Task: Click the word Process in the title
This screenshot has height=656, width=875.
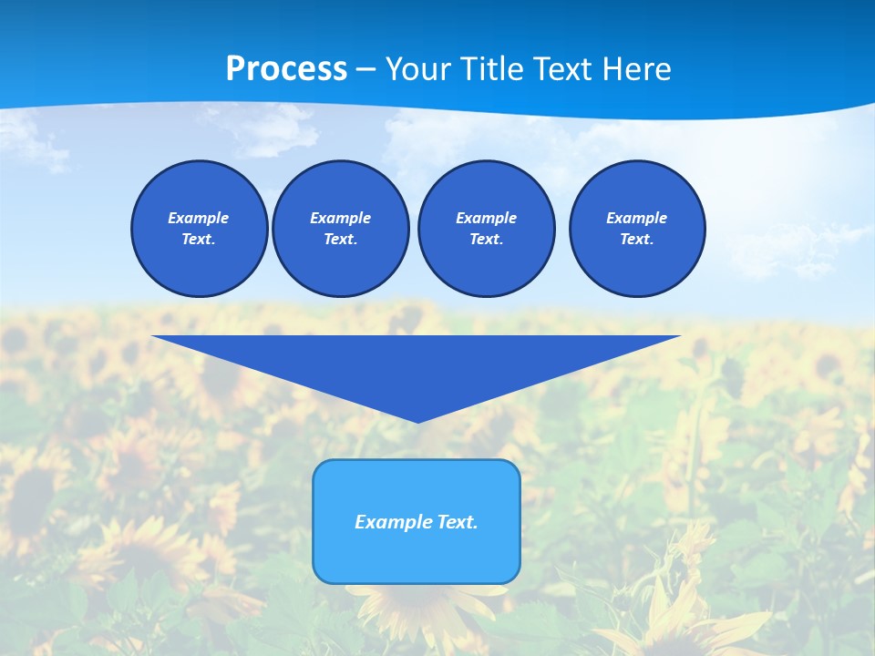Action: click(x=286, y=69)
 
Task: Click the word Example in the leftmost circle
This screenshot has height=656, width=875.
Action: click(x=199, y=218)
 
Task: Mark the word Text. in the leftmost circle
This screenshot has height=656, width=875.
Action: click(x=199, y=240)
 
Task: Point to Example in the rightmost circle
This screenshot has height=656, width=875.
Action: click(x=636, y=218)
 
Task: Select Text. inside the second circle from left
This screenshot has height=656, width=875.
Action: click(x=340, y=240)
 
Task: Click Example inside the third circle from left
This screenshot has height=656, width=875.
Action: click(x=486, y=218)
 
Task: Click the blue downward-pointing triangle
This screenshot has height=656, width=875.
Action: click(x=417, y=364)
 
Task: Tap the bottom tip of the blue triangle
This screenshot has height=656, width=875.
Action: click(x=417, y=420)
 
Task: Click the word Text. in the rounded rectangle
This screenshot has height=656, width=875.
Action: click(x=457, y=522)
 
